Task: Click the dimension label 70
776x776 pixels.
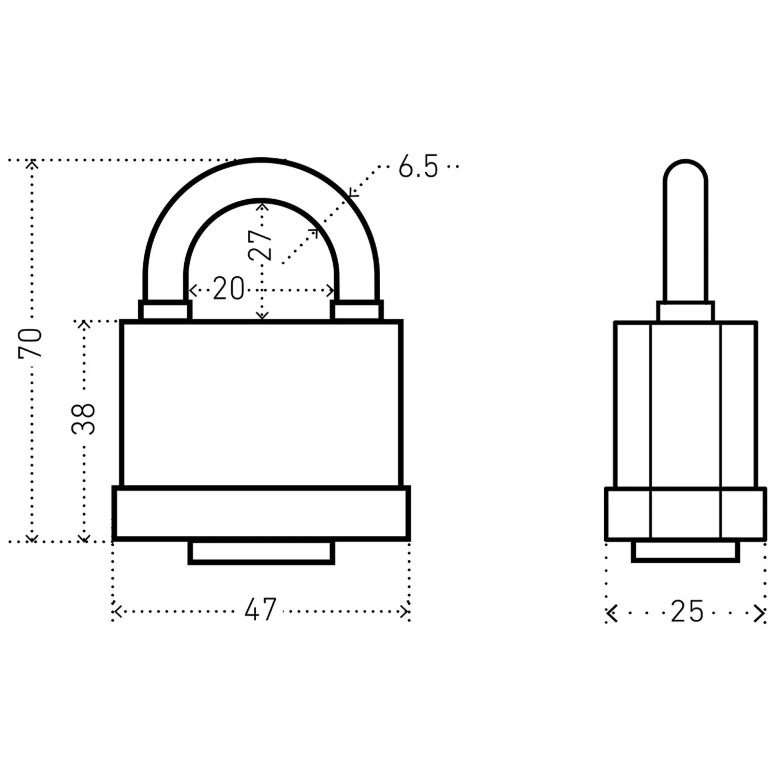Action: click(x=30, y=343)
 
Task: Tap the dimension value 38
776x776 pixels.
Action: click(x=83, y=419)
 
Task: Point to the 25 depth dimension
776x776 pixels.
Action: click(x=687, y=611)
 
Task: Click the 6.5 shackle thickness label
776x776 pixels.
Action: click(x=418, y=167)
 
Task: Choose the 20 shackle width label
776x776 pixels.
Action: click(x=228, y=289)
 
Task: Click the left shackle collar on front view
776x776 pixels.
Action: click(x=165, y=311)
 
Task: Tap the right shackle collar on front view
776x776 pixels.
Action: click(x=357, y=311)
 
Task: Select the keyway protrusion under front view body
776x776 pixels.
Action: click(x=261, y=552)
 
